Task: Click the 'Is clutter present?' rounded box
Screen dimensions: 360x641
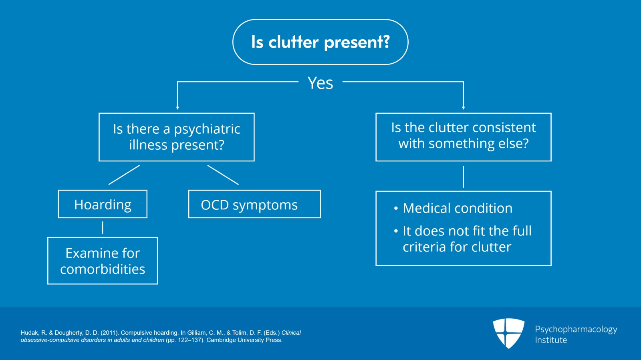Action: click(320, 42)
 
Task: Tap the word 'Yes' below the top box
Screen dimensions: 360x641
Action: click(320, 83)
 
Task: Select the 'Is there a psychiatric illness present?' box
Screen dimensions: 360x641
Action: click(177, 137)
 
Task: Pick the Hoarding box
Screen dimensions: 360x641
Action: click(103, 204)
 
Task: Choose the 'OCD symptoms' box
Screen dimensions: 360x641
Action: click(254, 204)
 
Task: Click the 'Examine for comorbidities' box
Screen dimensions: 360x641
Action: click(103, 261)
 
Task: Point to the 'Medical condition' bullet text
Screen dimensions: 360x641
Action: click(457, 208)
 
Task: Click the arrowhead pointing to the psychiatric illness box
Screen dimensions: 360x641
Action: click(177, 107)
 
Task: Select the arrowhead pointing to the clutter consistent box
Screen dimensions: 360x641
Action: click(464, 107)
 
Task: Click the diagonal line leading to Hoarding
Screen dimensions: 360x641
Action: click(124, 175)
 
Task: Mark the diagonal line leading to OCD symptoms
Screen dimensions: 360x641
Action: click(223, 175)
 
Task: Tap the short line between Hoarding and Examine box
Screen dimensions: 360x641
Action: click(103, 227)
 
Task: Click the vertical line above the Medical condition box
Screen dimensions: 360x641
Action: click(464, 177)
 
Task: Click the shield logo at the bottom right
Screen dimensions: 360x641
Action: click(508, 333)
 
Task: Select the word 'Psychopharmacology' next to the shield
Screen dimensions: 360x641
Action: click(576, 330)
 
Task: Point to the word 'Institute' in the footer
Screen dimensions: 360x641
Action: click(551, 340)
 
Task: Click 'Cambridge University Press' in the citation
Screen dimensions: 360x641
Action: click(244, 340)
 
